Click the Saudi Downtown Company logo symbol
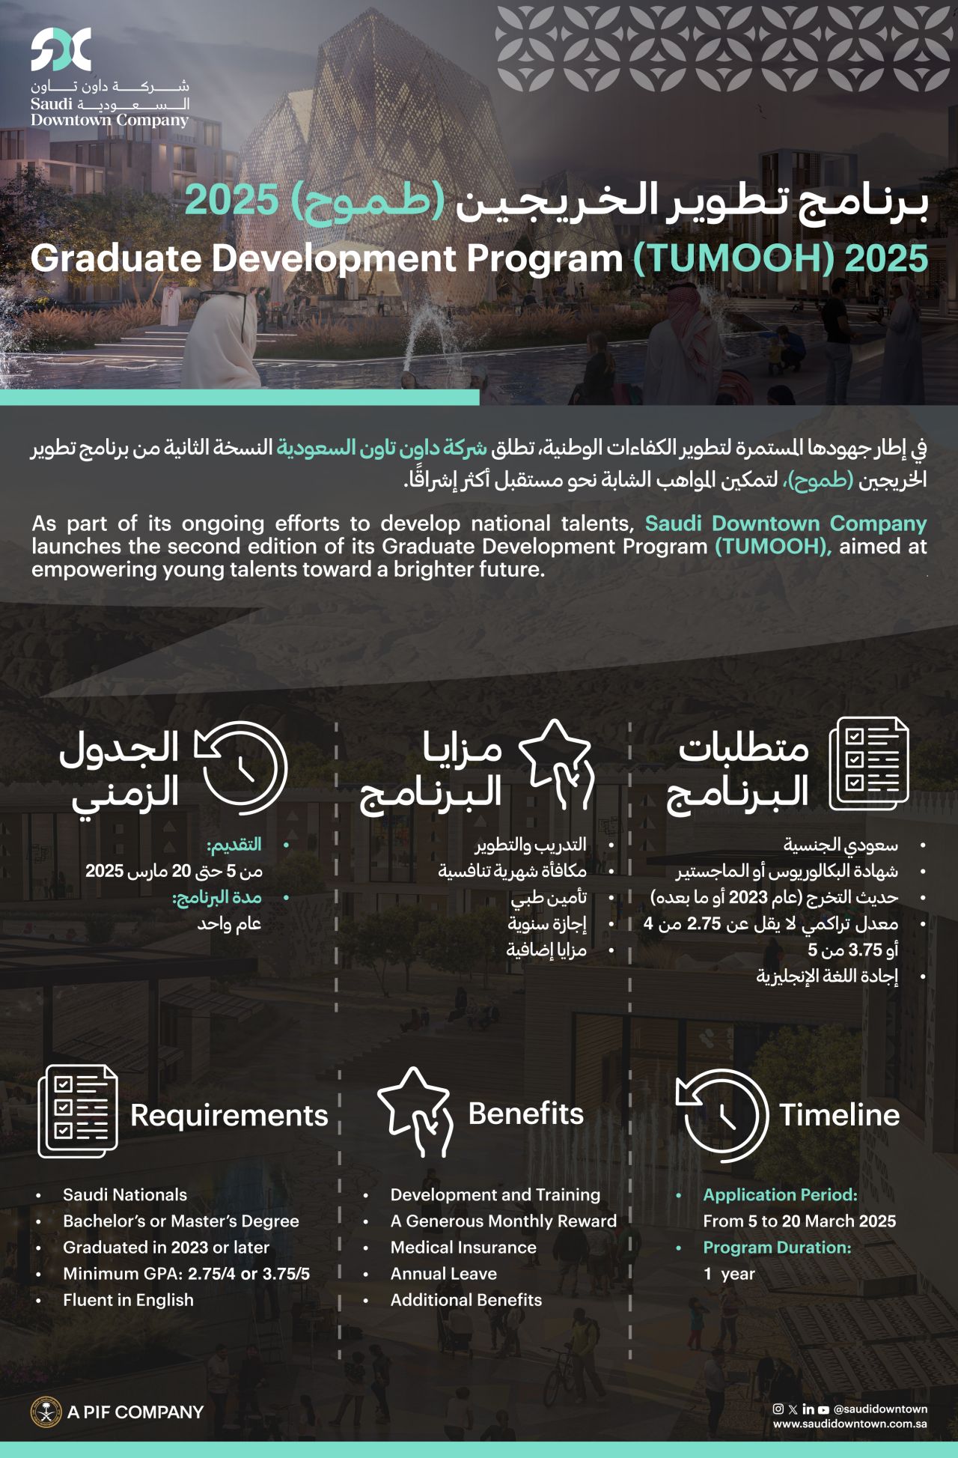coord(61,50)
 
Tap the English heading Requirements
coord(229,1115)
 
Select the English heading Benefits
coord(525,1114)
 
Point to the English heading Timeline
coord(839,1115)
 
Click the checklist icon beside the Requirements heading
coord(78,1111)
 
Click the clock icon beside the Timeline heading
coord(721,1114)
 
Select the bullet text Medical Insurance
coord(463,1247)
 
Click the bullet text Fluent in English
coord(128,1299)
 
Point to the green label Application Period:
coord(780,1194)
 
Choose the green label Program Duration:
coord(777,1247)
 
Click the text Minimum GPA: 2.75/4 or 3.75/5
coord(186,1273)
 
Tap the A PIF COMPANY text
coord(135,1412)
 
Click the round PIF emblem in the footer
coord(46,1412)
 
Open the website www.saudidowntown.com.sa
coord(850,1424)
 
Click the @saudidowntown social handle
coord(880,1409)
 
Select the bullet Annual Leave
coord(443,1273)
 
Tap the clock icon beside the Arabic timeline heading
coord(241,767)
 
